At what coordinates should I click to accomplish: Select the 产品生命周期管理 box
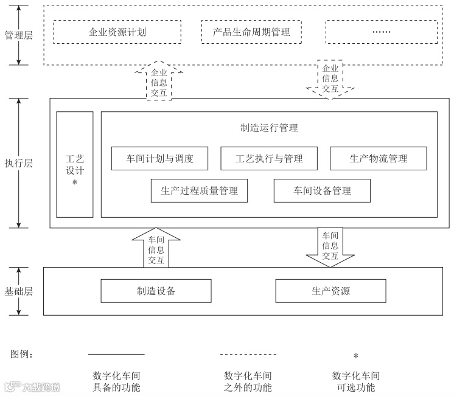coord(251,32)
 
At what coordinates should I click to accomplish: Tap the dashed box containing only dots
coord(381,32)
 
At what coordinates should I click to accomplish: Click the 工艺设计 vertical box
coord(74,164)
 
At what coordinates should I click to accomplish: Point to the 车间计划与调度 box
coord(159,159)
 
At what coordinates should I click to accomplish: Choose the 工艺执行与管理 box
coord(269,159)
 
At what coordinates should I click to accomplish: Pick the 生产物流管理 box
coord(378,159)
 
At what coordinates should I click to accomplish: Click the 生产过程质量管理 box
coord(199,191)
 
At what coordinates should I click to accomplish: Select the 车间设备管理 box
coord(322,191)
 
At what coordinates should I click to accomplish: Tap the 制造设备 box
coord(156,291)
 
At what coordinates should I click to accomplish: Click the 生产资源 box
coord(330,291)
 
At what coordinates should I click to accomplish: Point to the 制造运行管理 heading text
coord(269,128)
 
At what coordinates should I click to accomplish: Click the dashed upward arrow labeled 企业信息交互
coord(158,80)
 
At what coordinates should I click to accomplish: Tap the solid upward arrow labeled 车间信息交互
coord(156,248)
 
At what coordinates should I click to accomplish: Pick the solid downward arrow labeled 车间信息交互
coord(330,247)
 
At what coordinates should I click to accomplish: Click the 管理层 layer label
coord(18,35)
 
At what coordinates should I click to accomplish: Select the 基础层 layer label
coord(18,291)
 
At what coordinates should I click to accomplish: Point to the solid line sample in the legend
coord(116,353)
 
